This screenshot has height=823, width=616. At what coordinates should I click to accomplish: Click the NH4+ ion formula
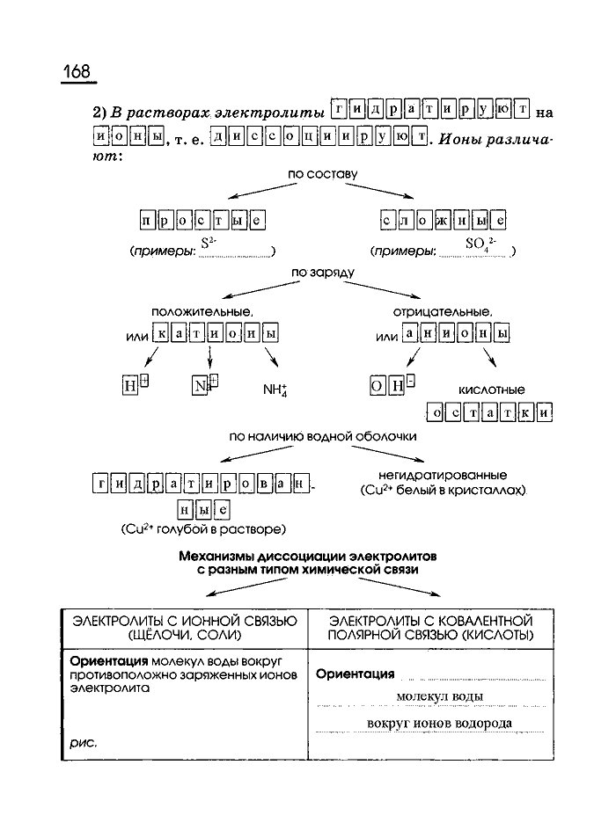click(x=275, y=389)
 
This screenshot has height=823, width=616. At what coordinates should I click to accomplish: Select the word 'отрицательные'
click(x=442, y=311)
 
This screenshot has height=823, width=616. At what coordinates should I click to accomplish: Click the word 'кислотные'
click(x=491, y=389)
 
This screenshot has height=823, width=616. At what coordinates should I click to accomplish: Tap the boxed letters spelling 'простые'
click(x=202, y=219)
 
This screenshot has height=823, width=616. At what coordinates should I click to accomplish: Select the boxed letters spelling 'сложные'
click(x=443, y=219)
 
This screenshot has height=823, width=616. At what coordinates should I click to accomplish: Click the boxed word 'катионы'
click(x=216, y=334)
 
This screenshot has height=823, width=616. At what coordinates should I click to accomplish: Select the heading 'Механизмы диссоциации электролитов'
click(x=306, y=557)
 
